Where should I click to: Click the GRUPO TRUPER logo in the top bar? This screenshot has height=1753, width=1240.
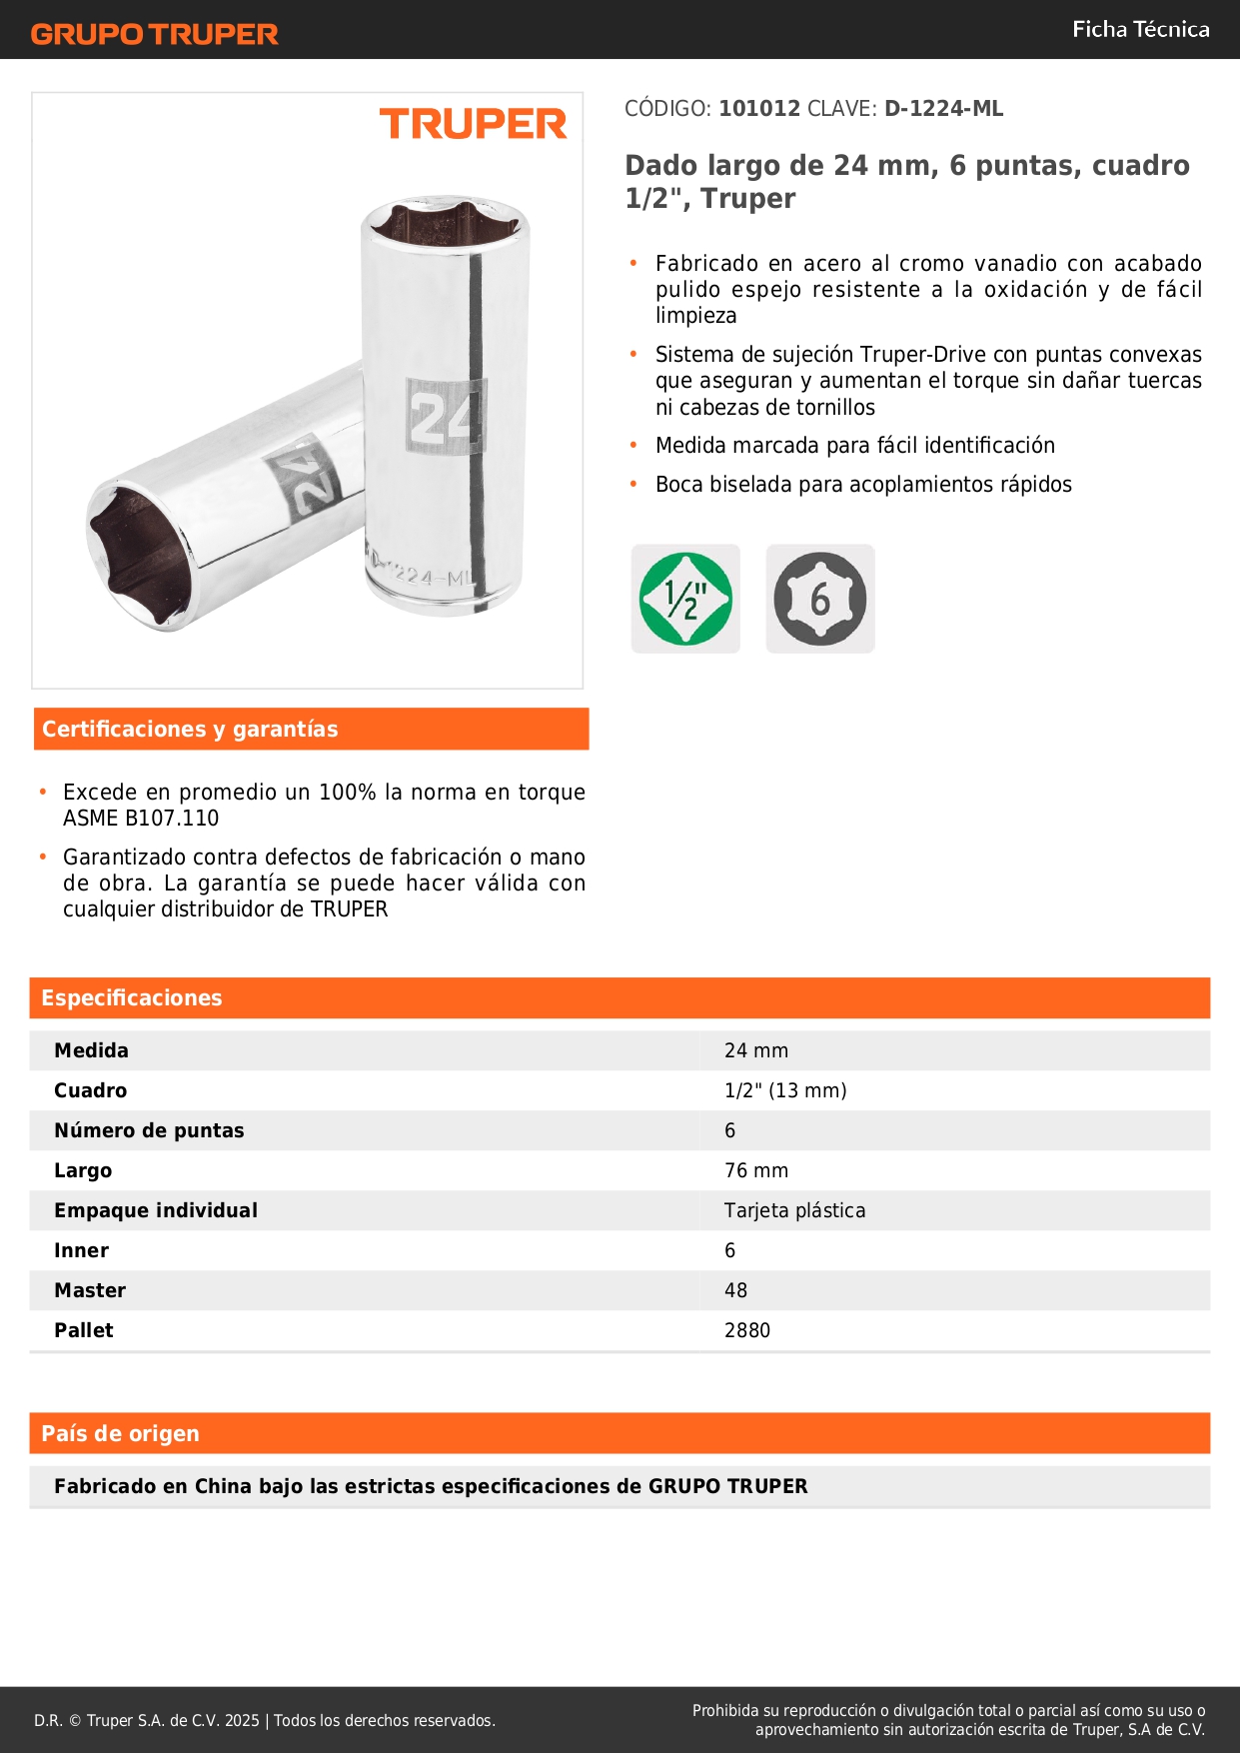tap(154, 34)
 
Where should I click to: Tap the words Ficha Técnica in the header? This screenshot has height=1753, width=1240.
tap(1140, 29)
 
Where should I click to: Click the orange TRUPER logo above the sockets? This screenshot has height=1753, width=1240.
tap(473, 124)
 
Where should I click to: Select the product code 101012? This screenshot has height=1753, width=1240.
tap(759, 109)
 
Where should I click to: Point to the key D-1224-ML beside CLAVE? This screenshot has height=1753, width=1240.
tap(943, 109)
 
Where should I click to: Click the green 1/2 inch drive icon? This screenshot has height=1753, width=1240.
tap(685, 599)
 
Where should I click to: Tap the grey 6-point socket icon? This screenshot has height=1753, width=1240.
tap(820, 599)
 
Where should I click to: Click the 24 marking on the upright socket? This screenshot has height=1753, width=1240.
tap(445, 416)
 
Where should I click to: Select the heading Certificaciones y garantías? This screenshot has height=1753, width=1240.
tap(190, 730)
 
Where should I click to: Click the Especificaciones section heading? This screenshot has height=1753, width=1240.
tap(132, 998)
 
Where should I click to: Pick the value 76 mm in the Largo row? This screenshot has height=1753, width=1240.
tap(756, 1170)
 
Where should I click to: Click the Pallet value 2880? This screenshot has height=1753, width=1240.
tap(747, 1330)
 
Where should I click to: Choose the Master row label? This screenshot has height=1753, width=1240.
tap(90, 1290)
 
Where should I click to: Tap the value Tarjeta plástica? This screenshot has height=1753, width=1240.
tap(794, 1210)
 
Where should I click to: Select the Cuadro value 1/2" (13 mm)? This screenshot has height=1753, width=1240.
tap(785, 1090)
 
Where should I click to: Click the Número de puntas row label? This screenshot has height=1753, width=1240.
tap(149, 1130)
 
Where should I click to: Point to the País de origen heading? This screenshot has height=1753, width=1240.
tap(120, 1434)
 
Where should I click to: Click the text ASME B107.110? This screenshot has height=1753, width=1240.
tap(141, 819)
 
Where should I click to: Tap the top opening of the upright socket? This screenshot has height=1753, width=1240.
tap(445, 223)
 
